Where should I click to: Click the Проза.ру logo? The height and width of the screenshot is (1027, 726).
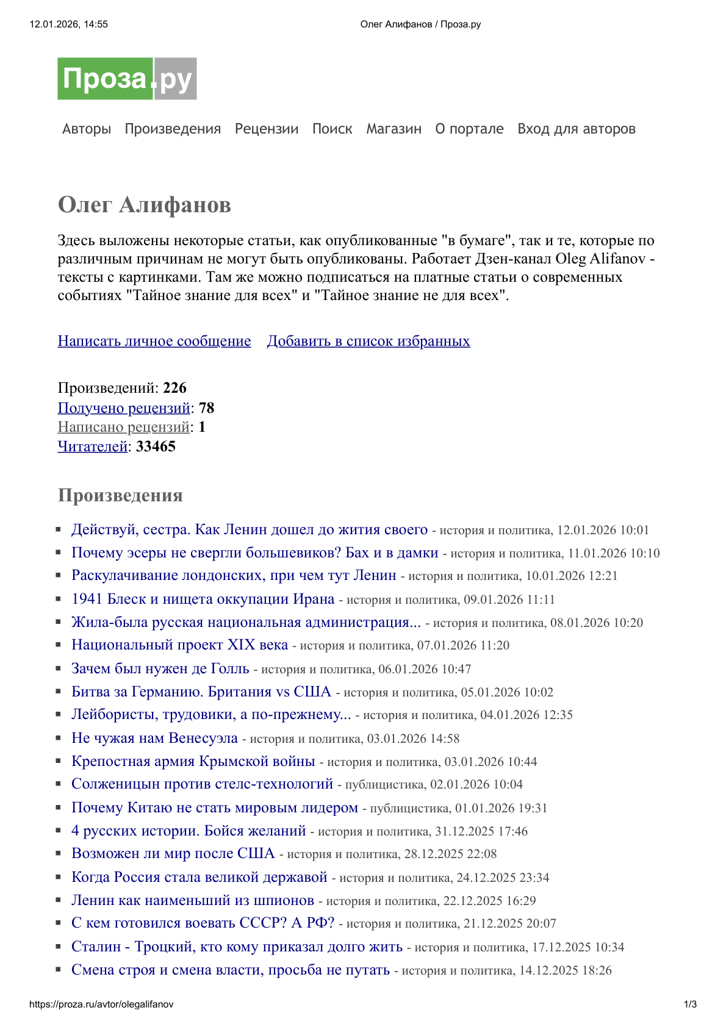(127, 79)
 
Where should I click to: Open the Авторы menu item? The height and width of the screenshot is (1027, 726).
(87, 129)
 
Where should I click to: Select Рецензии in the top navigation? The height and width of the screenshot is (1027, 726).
(267, 129)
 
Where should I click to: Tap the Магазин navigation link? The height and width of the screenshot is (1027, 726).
(394, 129)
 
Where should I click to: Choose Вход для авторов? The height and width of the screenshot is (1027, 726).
(576, 129)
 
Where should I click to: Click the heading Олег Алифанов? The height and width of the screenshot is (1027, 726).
(145, 205)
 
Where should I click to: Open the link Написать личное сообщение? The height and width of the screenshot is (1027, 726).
(154, 341)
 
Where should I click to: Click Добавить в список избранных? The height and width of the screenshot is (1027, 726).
(368, 341)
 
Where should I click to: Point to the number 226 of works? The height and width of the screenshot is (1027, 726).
(174, 388)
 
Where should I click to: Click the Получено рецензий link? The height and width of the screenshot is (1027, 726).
(124, 408)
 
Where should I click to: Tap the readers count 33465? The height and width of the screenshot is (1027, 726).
(156, 446)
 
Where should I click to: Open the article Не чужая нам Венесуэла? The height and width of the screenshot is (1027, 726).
(154, 738)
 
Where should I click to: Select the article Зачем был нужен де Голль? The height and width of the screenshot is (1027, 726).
(160, 668)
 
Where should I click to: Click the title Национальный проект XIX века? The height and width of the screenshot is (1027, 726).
(179, 645)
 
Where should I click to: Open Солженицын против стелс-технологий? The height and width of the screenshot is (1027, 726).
(202, 784)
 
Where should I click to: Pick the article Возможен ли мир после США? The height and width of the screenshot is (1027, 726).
(173, 853)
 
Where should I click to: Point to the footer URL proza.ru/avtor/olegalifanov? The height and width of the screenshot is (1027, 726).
(101, 1004)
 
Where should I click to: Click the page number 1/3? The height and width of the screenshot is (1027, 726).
(690, 1004)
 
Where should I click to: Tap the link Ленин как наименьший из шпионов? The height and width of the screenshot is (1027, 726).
(192, 900)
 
